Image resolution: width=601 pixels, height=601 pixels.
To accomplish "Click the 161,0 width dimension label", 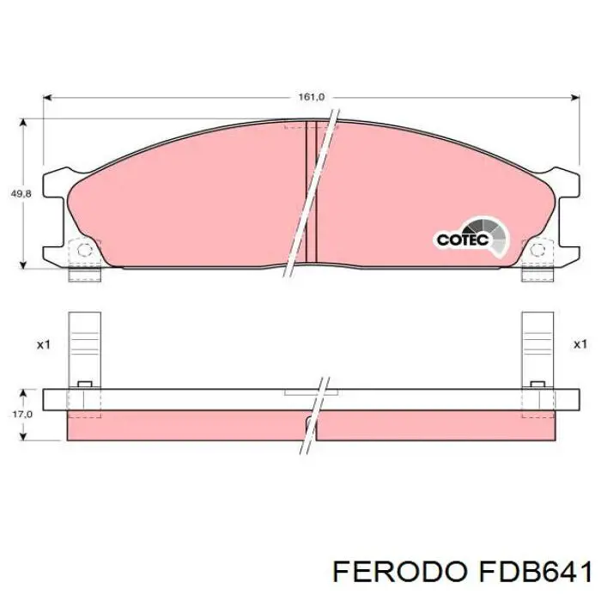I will pos(311,97).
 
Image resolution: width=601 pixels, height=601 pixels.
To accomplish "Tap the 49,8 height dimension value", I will pos(21,195).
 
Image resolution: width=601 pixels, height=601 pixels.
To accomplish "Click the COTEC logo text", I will pos(462,240).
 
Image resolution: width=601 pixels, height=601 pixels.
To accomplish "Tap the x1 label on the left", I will pos(44,344).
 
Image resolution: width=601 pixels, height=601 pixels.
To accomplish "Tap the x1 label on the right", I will pos(580,344).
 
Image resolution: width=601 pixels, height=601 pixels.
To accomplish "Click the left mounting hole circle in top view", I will pos(84,251).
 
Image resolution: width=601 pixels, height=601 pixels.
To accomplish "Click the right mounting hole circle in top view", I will pos(538,251).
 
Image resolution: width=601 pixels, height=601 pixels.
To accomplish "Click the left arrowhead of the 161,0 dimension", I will pos(48,97).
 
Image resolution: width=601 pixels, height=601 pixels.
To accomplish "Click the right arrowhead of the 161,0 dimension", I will pos(574,97).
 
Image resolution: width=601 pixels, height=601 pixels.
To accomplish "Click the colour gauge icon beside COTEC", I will pos(496,234).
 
